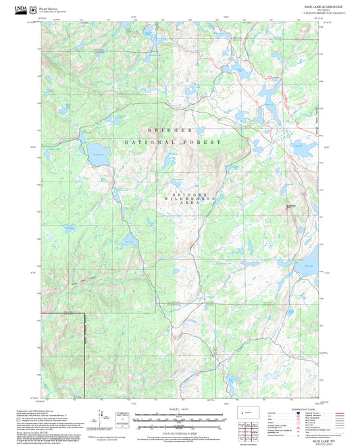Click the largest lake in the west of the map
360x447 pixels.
pos(96,149)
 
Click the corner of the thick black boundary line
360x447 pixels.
pos(85,315)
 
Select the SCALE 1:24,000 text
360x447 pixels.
pos(180,409)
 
